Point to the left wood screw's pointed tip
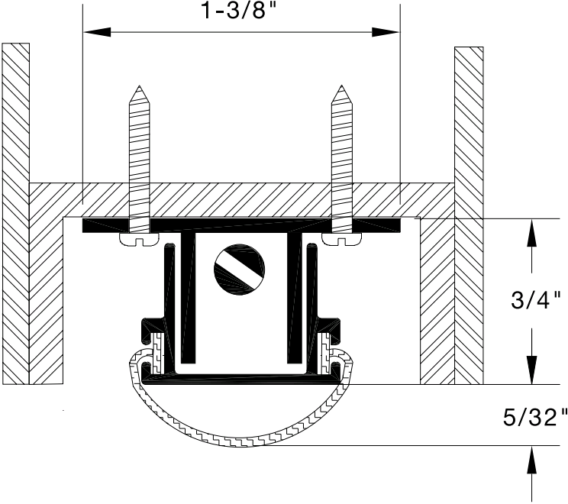[x=140, y=87]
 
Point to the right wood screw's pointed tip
[x=341, y=87]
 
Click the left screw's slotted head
[x=140, y=240]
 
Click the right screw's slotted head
[x=341, y=240]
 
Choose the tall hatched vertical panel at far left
[x=15, y=214]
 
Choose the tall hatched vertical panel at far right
[x=469, y=214]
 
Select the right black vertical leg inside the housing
[x=293, y=298]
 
